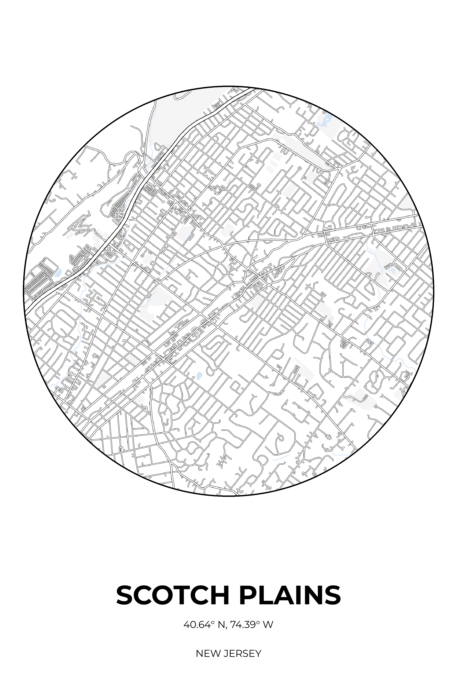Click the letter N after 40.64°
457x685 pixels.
tap(221, 625)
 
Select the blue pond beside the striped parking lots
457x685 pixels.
tap(58, 273)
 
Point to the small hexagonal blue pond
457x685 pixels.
tap(199, 375)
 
